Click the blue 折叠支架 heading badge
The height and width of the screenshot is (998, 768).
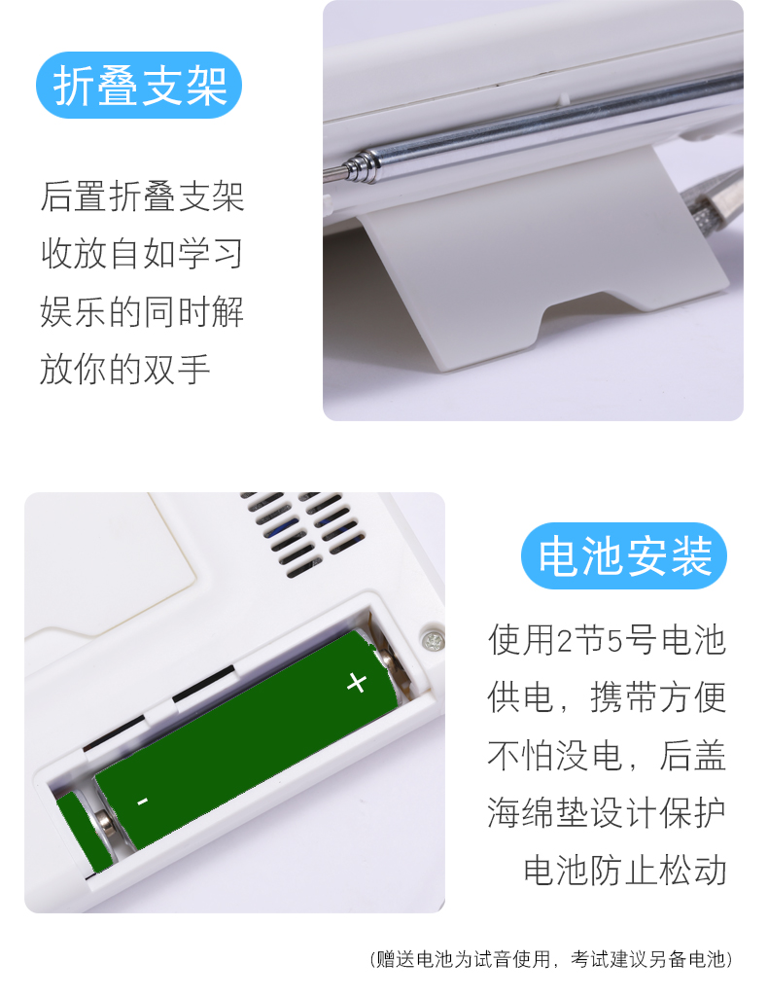pyautogui.click(x=139, y=86)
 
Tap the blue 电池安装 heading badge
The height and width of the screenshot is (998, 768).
pyautogui.click(x=623, y=555)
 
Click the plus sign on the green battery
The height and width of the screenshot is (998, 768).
pyautogui.click(x=357, y=683)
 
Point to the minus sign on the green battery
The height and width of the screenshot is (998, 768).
pyautogui.click(x=143, y=801)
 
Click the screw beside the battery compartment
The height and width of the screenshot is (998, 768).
pyautogui.click(x=433, y=640)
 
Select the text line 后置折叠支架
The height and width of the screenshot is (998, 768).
pyautogui.click(x=142, y=196)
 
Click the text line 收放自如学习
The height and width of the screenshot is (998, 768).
pyautogui.click(x=142, y=254)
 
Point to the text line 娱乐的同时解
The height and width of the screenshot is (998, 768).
pyautogui.click(x=142, y=311)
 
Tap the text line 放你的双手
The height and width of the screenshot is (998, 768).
pyautogui.click(x=124, y=370)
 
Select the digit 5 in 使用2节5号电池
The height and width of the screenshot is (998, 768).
pyautogui.click(x=615, y=641)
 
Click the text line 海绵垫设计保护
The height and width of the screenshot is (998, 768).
pyautogui.click(x=607, y=813)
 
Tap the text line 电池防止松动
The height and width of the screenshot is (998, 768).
pyautogui.click(x=624, y=870)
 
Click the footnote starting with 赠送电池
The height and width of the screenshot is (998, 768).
pyautogui.click(x=551, y=959)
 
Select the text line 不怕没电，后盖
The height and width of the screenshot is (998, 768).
pyautogui.click(x=607, y=756)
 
